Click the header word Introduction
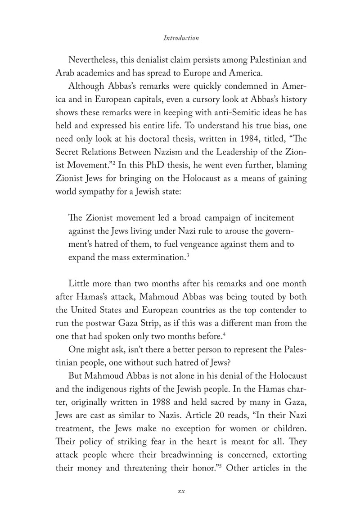181,38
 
